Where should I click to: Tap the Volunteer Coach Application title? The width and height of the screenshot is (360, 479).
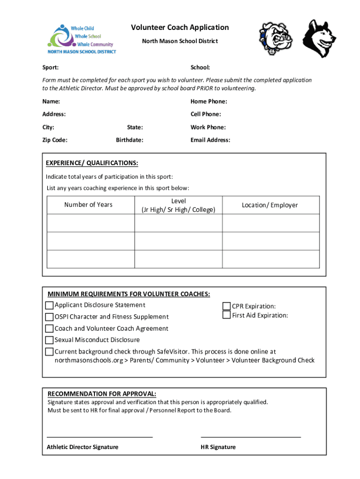[x=180, y=27]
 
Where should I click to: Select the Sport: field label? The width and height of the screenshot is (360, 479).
[x=50, y=68]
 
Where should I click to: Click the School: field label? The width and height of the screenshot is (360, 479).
[x=200, y=68]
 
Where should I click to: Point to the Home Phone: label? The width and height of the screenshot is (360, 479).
[x=209, y=102]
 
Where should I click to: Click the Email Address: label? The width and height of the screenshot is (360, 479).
[x=210, y=140]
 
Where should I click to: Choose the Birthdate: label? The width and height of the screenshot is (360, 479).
[x=130, y=140]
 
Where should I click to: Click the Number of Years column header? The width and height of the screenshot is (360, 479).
[x=88, y=204]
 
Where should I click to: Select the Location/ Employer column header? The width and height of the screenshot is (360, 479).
[x=270, y=205]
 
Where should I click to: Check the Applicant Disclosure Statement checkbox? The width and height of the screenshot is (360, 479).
[x=49, y=305]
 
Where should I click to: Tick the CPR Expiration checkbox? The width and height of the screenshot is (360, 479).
[x=227, y=306]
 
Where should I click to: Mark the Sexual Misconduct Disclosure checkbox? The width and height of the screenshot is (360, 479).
[x=49, y=340]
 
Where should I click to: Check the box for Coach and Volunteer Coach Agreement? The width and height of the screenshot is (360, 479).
[x=49, y=328]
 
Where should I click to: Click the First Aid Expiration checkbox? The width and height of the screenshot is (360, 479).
[x=227, y=315]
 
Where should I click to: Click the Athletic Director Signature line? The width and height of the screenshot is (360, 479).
[x=100, y=436]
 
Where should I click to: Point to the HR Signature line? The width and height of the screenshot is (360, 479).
[x=251, y=436]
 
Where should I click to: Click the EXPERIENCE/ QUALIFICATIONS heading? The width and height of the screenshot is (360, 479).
[x=92, y=163]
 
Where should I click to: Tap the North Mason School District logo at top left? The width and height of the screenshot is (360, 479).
[x=82, y=40]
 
